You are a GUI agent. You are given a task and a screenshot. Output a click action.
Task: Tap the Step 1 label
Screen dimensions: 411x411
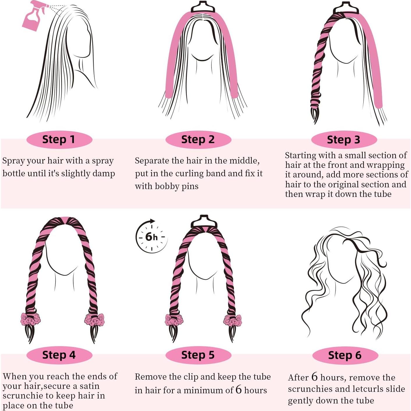(x=59, y=139)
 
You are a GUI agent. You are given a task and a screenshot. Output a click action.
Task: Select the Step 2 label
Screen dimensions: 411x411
(x=198, y=139)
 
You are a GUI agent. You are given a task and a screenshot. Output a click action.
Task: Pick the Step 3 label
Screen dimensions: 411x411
(x=344, y=140)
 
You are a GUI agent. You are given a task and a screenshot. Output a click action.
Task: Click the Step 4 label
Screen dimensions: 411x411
(x=59, y=355)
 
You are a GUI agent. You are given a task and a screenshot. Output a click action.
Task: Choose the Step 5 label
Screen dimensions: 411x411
(x=198, y=355)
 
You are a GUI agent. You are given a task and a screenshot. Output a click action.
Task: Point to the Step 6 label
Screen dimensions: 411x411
(x=345, y=355)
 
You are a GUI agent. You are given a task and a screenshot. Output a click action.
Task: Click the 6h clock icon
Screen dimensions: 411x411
(x=151, y=236)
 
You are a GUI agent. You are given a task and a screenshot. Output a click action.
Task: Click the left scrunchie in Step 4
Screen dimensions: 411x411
(x=28, y=319)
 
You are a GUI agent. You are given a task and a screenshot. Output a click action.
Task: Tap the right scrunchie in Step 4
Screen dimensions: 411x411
(x=94, y=319)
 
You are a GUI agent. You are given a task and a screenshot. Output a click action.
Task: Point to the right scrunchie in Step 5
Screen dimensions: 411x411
(x=232, y=320)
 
